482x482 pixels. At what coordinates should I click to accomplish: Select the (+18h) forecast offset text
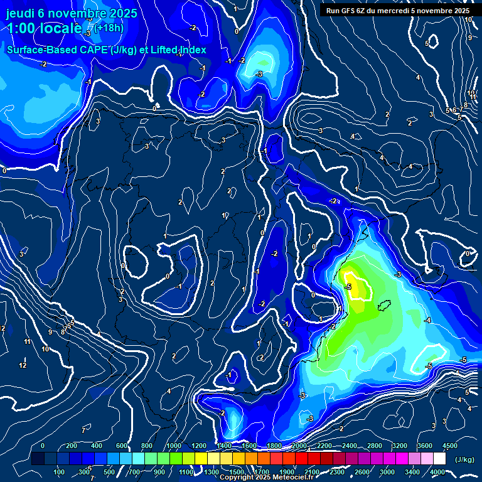pos(109,28)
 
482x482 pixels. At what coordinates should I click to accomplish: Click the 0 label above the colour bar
pos(43,446)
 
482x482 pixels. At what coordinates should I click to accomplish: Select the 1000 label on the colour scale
pos(173,446)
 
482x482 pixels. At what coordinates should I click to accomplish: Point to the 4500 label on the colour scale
pos(449,446)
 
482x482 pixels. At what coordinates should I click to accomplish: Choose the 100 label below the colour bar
pos(60,472)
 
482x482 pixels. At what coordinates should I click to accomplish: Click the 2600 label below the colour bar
pos(361,472)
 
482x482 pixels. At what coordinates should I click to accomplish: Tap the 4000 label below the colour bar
pos(437,472)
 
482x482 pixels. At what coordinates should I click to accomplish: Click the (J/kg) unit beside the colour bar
pos(464,460)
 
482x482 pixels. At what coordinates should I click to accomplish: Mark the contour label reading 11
pos(27,341)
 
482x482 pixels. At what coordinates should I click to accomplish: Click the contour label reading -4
pos(428,321)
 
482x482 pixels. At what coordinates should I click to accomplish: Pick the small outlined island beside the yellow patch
pos(385,306)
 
